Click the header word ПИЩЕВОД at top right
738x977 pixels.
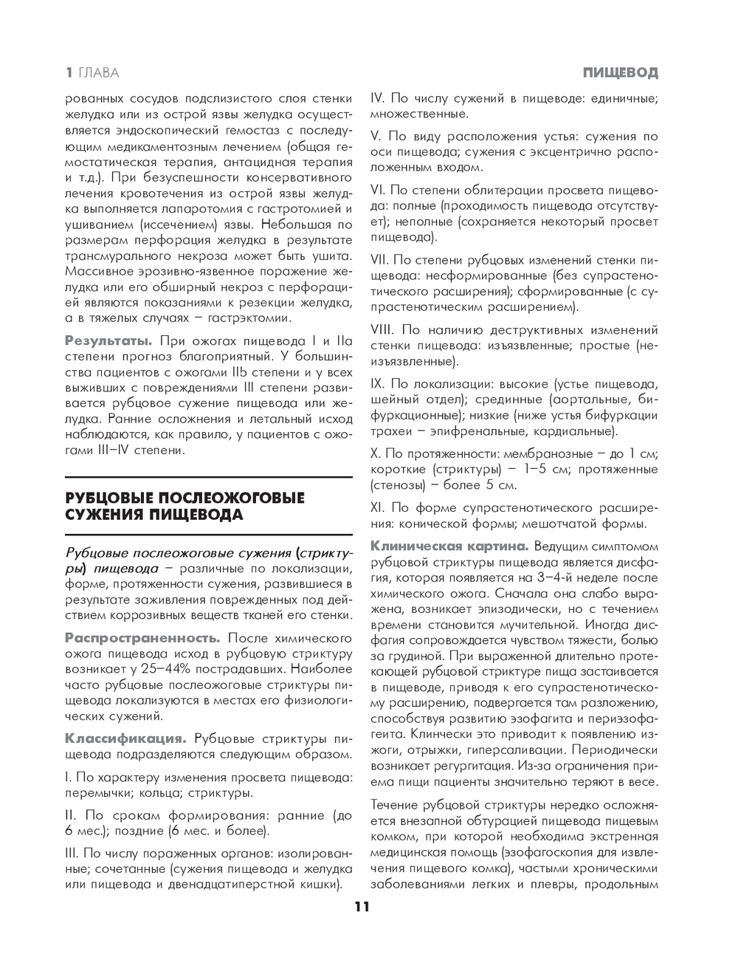click(620, 72)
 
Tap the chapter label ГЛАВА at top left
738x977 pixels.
click(99, 72)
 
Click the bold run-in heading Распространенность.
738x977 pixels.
click(142, 637)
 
